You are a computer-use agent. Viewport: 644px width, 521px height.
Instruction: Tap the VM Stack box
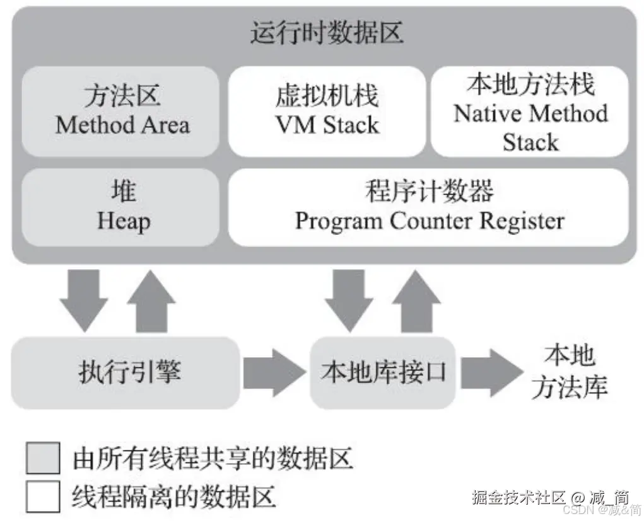[x=327, y=112]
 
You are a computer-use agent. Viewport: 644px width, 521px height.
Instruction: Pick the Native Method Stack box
[x=530, y=112]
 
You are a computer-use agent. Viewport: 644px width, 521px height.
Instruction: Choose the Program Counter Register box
[x=429, y=207]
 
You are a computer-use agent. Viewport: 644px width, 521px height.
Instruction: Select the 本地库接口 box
[x=383, y=372]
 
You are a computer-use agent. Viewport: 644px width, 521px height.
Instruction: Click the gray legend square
[x=44, y=457]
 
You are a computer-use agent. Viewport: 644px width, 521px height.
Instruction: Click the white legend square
[x=44, y=496]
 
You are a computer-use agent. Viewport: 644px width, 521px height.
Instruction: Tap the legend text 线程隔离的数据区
[x=174, y=496]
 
